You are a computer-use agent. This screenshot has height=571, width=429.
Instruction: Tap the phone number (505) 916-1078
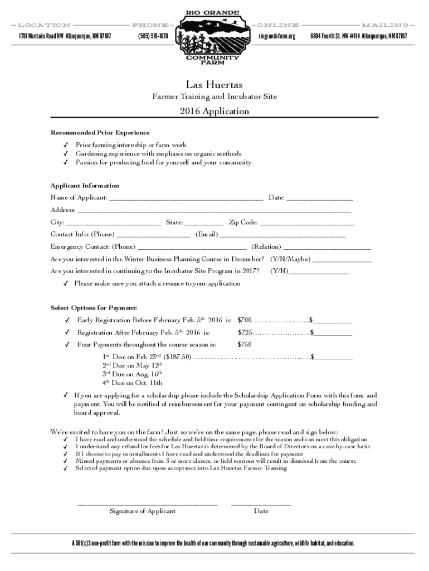tap(153, 36)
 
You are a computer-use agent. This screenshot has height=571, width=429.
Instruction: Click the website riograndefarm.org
tap(277, 36)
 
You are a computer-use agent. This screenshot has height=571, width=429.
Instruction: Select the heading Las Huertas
tap(214, 85)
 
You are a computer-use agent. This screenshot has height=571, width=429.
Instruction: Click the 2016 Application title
tap(214, 111)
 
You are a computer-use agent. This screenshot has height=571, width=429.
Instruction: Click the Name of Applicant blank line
tap(187, 199)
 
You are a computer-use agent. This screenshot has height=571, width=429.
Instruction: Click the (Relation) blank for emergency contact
tap(327, 249)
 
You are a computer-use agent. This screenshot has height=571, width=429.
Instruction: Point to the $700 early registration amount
tap(245, 321)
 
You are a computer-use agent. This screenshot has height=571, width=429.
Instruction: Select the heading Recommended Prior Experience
tap(100, 133)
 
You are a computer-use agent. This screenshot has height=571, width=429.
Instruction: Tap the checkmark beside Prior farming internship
tap(65, 145)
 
